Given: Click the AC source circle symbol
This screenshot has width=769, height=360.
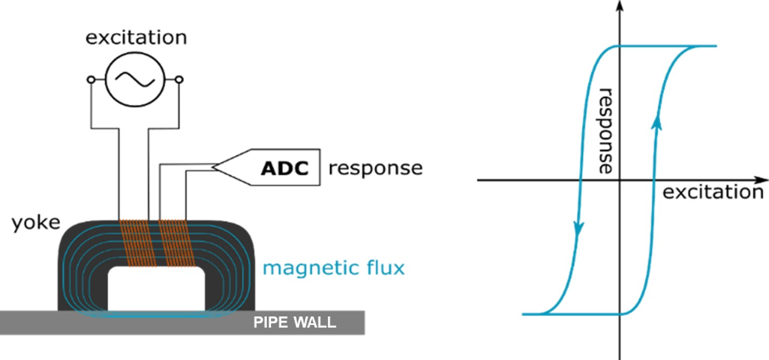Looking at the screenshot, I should click(134, 80).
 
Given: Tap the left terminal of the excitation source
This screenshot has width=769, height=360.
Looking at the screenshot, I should click(91, 80).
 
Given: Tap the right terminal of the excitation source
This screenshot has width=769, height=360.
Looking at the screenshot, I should click(179, 80).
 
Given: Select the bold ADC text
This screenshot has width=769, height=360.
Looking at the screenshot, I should click(285, 168).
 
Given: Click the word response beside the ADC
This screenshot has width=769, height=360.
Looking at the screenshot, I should click(376, 168).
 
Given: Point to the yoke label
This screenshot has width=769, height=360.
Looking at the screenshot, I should click(36, 222).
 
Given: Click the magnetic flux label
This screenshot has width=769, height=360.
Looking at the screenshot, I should click(333, 267).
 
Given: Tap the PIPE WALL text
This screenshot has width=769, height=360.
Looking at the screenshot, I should click(295, 323).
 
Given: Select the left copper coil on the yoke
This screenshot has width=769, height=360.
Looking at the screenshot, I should click(138, 243).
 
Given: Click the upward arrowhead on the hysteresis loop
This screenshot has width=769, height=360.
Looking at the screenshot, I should click(656, 123).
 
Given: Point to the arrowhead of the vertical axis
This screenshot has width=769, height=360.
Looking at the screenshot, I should click(621, 5).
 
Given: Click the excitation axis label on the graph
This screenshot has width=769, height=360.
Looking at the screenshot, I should click(713, 192).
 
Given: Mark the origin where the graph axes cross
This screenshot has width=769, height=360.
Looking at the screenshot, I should click(621, 180).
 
